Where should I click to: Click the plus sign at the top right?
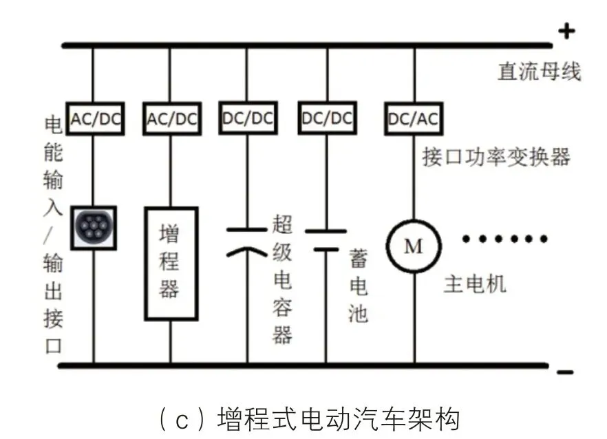coord(565,31)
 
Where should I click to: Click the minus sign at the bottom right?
coord(565,373)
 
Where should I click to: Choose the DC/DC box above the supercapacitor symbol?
coord(248,118)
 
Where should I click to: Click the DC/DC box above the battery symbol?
coord(327,118)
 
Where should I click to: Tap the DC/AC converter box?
coord(414,118)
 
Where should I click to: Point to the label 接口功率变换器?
coord(496,158)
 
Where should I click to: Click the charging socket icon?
coord(94,227)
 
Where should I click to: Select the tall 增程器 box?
coord(171,264)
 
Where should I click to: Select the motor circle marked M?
coord(414,246)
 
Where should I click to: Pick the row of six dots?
coord(506,239)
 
